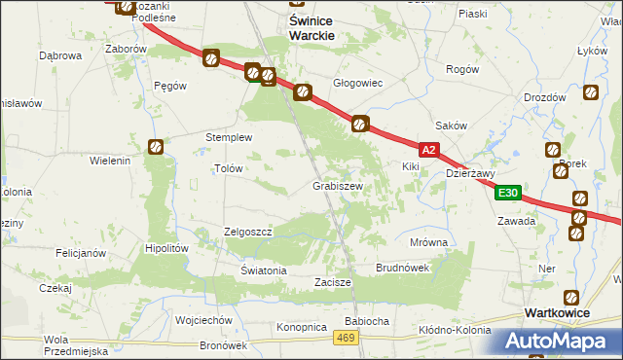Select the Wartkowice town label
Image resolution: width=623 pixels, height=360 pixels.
(558, 313)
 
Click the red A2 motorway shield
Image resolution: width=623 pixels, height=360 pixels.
(430, 150)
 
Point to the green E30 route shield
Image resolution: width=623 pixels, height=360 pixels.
(507, 194)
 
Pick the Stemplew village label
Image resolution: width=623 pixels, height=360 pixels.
(229, 137)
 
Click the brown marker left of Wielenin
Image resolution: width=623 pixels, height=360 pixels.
(156, 147)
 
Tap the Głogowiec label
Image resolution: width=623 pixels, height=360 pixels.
(358, 84)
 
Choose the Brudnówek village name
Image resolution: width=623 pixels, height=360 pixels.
(403, 267)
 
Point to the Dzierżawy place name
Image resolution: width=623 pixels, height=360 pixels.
(470, 174)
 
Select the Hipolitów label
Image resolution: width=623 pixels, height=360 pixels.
(165, 248)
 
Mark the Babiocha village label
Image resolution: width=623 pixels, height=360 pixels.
(367, 320)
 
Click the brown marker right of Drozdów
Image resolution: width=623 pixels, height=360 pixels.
(591, 94)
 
